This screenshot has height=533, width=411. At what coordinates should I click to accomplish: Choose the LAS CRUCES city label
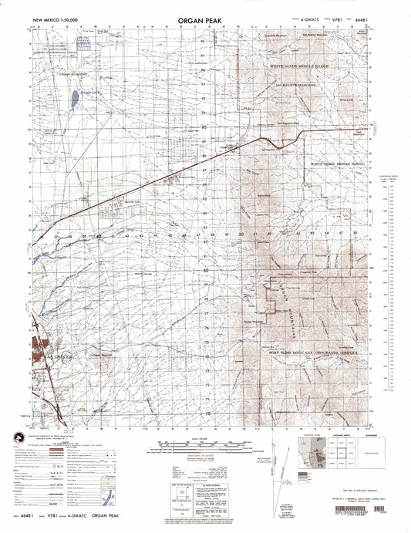39,358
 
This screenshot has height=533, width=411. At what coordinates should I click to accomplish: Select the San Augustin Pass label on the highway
286,124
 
